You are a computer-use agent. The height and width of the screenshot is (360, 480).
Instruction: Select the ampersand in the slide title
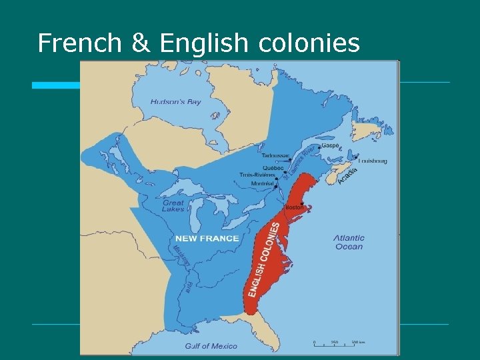[x=141, y=43]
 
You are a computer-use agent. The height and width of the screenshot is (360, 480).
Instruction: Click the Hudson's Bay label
[x=175, y=102]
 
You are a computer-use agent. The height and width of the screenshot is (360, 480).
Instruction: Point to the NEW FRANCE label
[x=207, y=238]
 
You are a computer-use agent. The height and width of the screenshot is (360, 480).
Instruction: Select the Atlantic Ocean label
[x=349, y=242]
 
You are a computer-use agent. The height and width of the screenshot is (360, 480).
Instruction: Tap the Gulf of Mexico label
[x=211, y=346]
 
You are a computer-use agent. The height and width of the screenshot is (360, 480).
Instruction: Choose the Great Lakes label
[x=173, y=206]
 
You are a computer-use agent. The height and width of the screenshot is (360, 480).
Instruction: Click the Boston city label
[x=294, y=207]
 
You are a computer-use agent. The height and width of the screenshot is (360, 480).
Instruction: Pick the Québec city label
[x=273, y=167]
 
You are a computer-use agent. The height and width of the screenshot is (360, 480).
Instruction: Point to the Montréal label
[x=262, y=183]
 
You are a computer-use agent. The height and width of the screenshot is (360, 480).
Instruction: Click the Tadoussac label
[x=275, y=155]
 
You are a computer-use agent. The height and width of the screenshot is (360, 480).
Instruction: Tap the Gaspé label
[x=330, y=145]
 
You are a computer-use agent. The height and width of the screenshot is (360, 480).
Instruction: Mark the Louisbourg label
[x=373, y=161]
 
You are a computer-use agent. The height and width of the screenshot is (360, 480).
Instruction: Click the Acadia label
[x=347, y=176]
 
